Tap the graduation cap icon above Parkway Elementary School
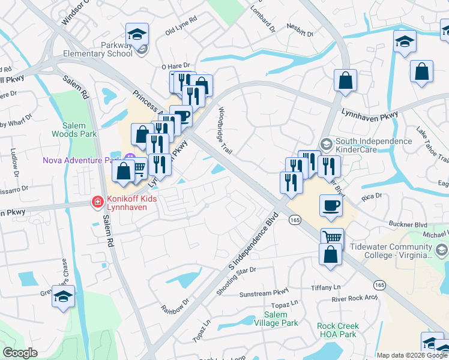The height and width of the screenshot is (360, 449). coord(137,34)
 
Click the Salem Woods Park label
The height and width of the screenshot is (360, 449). coord(79,130)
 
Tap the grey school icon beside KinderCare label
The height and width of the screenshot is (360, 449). coord(326,143)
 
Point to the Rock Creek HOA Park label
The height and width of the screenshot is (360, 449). coord(338,330)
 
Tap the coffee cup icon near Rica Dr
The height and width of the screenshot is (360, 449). coord(331,206)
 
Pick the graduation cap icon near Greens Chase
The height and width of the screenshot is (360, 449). coord(64,296)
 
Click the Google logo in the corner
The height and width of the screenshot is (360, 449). coord(20,353)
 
